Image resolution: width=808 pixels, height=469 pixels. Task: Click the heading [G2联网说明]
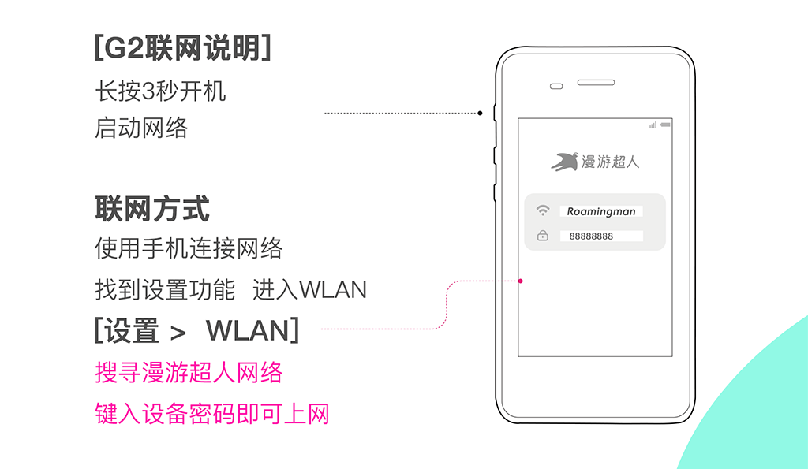183,48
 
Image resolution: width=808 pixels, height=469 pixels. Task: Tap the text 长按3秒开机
160,91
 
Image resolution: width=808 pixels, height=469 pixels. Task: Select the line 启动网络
141,128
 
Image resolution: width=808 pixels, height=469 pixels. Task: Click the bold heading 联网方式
152,209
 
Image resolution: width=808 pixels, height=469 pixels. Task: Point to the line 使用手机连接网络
189,248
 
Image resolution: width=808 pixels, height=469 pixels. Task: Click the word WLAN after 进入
333,290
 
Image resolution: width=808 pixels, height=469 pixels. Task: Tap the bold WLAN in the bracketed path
248,330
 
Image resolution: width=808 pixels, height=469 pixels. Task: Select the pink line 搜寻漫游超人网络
189,372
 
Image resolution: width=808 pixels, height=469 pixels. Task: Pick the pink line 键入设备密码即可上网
212,413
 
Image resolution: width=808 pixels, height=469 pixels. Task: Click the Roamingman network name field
600,211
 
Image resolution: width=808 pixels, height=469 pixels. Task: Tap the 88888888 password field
601,236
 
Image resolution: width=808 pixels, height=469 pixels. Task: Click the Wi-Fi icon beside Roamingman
543,210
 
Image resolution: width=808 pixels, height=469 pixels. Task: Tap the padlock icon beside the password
543,235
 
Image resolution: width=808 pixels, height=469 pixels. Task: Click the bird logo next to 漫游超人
564,161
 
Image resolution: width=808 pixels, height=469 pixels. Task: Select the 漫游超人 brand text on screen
610,162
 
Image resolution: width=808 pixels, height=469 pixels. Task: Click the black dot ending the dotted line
480,114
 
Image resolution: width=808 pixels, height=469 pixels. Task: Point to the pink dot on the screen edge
521,281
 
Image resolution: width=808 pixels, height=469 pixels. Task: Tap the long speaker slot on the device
596,83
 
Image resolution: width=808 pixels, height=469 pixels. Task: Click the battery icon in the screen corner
665,125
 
